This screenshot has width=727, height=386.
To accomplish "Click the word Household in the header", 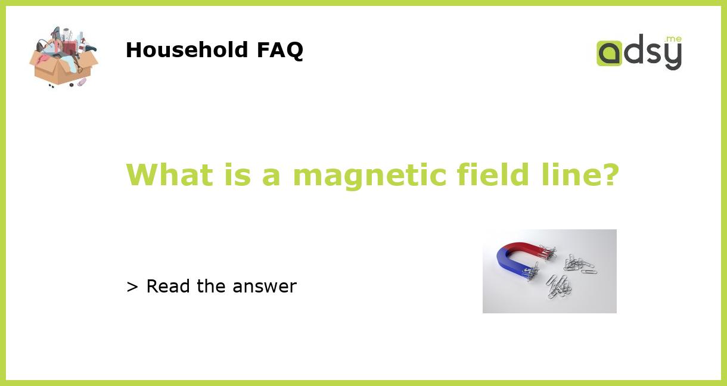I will pos(187,50).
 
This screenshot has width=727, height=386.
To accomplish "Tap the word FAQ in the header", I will pos(279,50).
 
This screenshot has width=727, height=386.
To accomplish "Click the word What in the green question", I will pos(169,175).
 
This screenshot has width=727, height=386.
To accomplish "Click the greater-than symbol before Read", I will pos(132,287).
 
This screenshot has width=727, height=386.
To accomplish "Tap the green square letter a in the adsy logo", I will pos(609,53).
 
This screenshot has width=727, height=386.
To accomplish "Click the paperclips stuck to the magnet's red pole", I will pos(546,253).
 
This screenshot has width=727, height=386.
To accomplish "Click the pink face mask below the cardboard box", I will pos(82,82).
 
